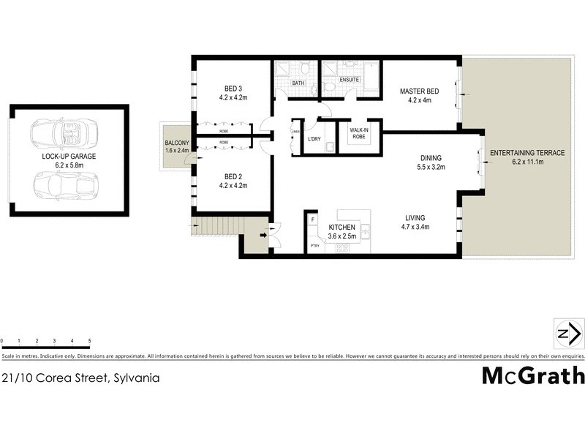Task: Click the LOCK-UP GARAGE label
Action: (69, 157)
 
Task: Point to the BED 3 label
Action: (230, 89)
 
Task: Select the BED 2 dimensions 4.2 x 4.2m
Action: (233, 186)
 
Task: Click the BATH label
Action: (298, 83)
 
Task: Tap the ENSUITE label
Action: (348, 79)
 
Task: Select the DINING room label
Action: (430, 157)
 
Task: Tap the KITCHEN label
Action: (341, 228)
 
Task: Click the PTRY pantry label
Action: (314, 247)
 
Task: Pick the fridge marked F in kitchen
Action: (313, 219)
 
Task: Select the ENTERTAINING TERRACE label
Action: (526, 153)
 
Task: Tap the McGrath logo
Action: (533, 376)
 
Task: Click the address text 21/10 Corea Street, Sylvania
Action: (80, 378)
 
